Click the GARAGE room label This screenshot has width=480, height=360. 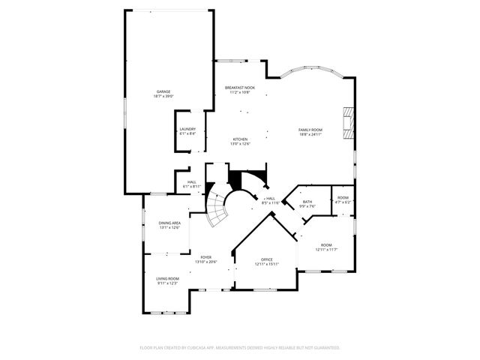(x=163, y=91)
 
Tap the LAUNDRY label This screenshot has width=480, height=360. (x=187, y=128)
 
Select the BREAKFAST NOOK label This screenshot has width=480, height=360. (x=240, y=88)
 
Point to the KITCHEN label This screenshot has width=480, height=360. (x=240, y=139)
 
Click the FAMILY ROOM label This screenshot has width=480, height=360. (x=310, y=129)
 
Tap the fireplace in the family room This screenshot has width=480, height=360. (x=348, y=122)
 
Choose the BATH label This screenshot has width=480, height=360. (x=307, y=201)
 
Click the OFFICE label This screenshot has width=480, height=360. (x=266, y=259)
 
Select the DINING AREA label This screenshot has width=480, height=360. (x=169, y=223)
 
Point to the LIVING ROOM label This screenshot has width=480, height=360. (x=168, y=277)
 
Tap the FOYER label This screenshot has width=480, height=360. (x=206, y=256)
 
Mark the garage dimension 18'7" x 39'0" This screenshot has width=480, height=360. (x=163, y=96)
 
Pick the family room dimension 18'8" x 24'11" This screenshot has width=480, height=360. (x=310, y=134)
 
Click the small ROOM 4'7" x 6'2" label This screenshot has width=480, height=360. (x=343, y=197)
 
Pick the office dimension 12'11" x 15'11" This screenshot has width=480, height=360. (x=266, y=264)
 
